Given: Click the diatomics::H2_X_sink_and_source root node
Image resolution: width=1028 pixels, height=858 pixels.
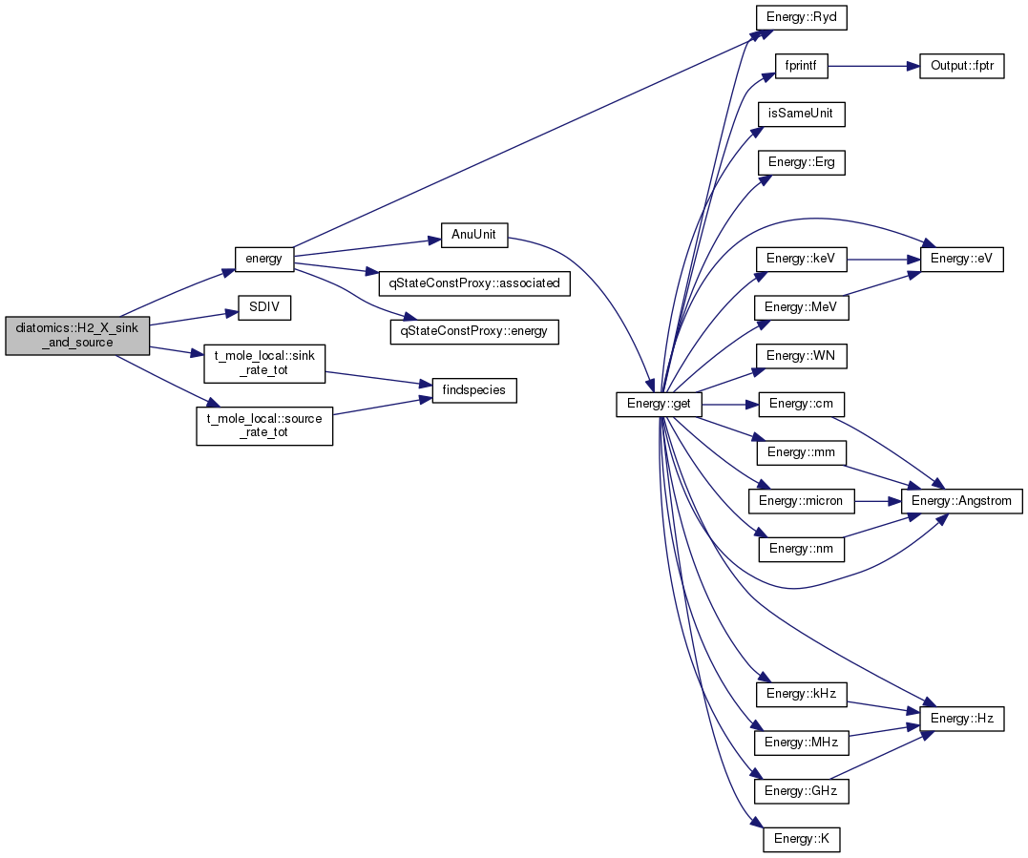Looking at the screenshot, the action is point(77,336).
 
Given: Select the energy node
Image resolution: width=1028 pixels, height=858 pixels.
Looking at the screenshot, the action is point(263,259).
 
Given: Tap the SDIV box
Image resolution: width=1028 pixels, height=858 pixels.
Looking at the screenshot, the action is point(264,307).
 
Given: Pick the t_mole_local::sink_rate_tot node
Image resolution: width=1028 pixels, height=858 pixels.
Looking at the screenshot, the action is point(264,364).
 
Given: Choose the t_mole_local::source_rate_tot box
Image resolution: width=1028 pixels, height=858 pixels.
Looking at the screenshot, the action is point(264,426).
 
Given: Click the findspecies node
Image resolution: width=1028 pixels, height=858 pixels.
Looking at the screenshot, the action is point(474,390).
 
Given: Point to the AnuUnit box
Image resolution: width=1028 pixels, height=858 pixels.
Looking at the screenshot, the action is point(474,235).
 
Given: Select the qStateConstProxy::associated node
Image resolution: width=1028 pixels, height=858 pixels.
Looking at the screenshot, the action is point(474,283).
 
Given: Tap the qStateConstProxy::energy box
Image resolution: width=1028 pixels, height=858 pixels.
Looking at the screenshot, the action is point(474,332).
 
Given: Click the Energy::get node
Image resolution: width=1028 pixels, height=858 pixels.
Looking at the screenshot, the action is point(659,404).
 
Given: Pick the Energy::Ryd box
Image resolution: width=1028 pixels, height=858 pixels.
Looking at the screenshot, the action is point(801,17).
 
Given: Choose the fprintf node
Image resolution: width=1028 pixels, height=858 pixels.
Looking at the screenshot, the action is point(801,66).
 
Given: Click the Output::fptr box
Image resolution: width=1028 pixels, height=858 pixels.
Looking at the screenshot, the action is point(962,66).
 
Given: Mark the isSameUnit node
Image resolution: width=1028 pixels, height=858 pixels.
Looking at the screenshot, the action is point(801,115).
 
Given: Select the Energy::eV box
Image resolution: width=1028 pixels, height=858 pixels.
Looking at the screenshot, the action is point(962,259).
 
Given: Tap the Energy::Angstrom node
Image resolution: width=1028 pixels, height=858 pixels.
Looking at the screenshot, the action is point(962,501).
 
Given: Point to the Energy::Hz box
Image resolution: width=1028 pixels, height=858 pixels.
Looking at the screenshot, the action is point(962,719).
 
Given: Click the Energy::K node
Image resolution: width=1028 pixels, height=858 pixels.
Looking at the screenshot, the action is point(801,840).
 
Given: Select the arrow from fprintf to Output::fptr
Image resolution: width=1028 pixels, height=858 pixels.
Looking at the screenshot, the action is point(873,66).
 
